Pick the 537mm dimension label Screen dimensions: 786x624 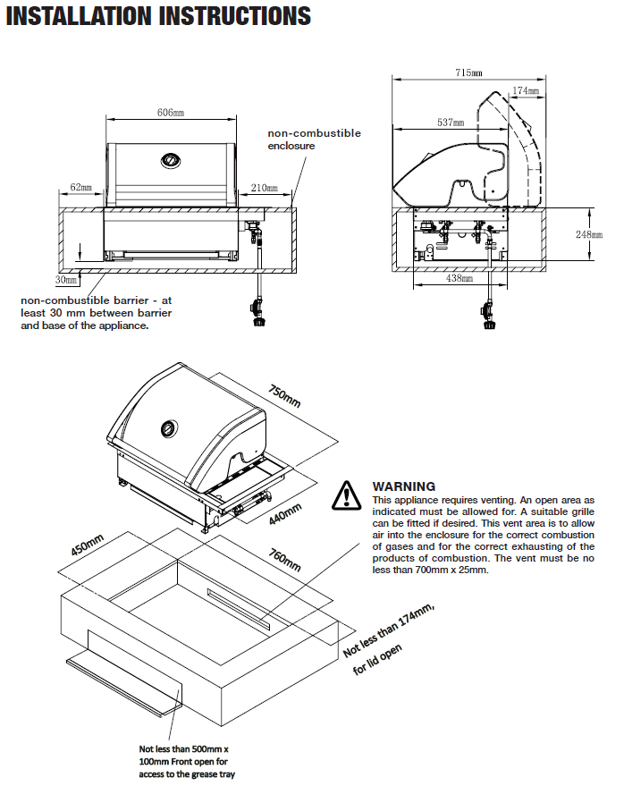[451, 123]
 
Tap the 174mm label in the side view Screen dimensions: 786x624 [526, 91]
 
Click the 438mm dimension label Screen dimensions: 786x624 [460, 279]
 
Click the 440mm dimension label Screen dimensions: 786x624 [285, 513]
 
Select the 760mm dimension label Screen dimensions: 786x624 [285, 565]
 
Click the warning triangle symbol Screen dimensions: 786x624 [347, 494]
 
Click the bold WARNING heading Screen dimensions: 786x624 [404, 486]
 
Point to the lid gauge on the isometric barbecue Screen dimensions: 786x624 [168, 429]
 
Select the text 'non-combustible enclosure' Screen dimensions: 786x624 [315, 139]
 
